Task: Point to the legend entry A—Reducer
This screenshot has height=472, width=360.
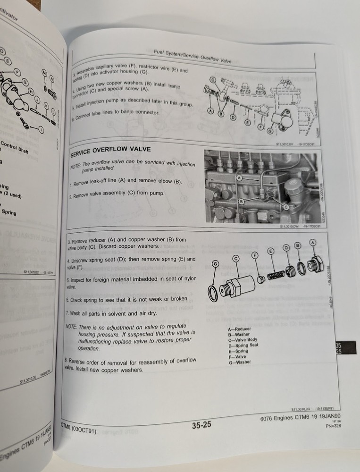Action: point(239,329)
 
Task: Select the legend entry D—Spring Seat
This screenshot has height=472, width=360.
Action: point(243,346)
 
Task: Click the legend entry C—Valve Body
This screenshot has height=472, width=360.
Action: point(243,340)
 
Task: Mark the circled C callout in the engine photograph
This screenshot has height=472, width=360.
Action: point(286,207)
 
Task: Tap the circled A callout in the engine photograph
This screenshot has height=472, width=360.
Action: point(239,178)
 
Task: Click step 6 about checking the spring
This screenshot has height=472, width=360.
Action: point(120,299)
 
